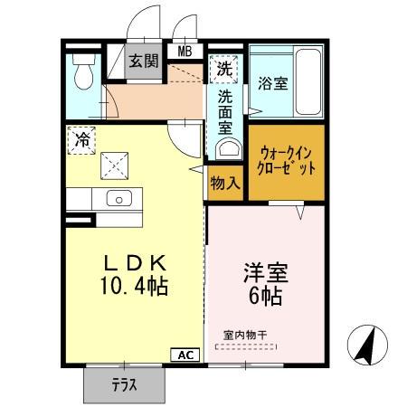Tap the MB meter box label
(x=185, y=52)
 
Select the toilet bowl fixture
(x=83, y=72)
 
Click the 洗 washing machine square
(x=222, y=66)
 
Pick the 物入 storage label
(x=225, y=183)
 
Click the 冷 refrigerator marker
(x=81, y=140)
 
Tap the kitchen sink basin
(x=118, y=199)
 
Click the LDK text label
(x=133, y=264)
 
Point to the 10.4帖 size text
(x=134, y=289)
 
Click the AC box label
(x=184, y=355)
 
